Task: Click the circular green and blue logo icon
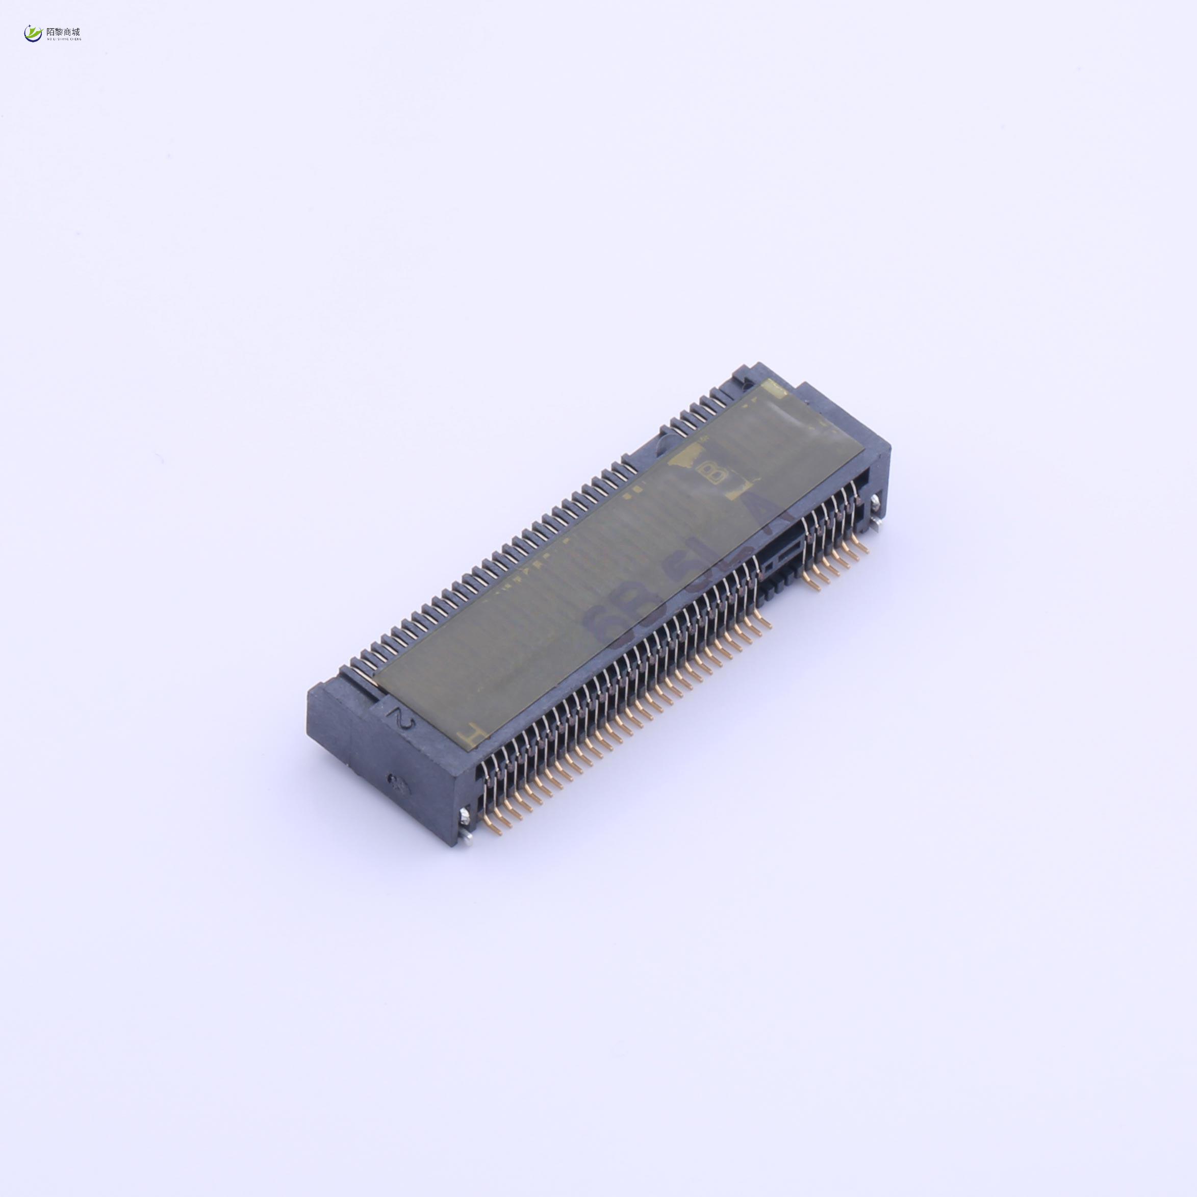32,34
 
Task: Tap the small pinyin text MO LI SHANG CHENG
63,39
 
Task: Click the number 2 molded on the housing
403,719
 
